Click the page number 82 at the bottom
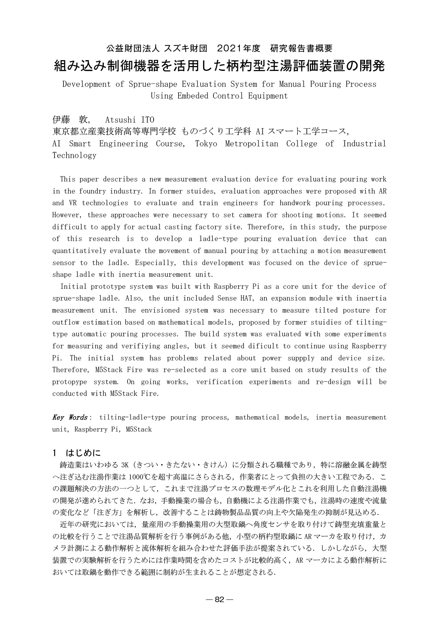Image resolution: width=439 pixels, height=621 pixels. (220, 600)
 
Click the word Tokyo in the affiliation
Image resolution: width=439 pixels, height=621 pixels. (206, 144)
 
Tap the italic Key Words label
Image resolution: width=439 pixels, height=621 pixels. (70, 417)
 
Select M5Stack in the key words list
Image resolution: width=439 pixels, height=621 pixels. (140, 429)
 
